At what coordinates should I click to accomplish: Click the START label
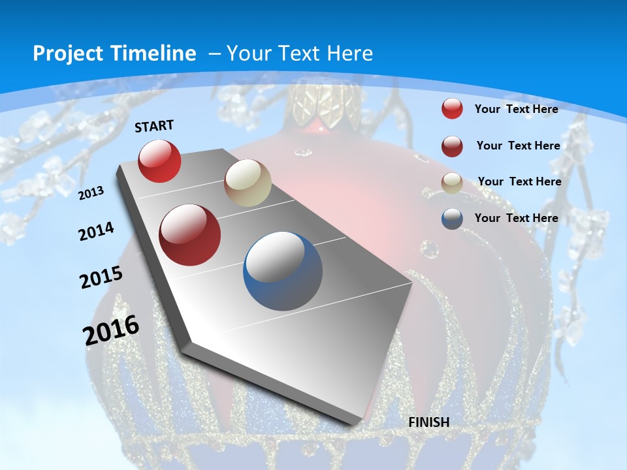(154, 126)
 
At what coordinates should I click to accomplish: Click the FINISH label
(429, 422)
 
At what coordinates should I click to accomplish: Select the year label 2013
(91, 193)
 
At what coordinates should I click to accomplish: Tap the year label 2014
(96, 231)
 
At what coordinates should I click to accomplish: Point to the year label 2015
(101, 277)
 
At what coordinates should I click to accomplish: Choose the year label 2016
(112, 330)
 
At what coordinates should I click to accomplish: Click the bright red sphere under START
(159, 161)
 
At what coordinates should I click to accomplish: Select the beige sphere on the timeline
(248, 183)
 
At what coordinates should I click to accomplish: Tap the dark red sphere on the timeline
(190, 235)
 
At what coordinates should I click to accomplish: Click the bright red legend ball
(452, 108)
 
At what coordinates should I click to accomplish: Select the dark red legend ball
(452, 146)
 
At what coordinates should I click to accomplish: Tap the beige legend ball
(452, 182)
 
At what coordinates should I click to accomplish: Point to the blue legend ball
(452, 218)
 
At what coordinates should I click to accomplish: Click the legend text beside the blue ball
(516, 218)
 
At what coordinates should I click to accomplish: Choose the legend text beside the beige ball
(519, 181)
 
